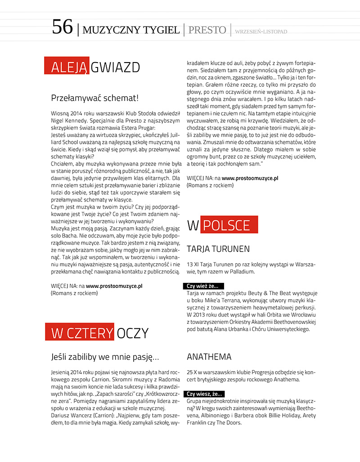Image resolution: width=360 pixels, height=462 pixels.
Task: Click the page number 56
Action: click(62, 27)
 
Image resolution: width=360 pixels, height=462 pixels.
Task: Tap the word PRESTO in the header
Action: click(207, 30)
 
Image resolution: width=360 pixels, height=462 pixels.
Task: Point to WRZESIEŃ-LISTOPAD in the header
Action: click(261, 31)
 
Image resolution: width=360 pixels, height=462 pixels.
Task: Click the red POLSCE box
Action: click(229, 225)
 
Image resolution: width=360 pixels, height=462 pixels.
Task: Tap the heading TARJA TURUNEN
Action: click(218, 249)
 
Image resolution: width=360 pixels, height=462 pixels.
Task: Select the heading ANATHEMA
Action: click(209, 357)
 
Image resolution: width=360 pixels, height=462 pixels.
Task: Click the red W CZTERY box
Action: click(80, 332)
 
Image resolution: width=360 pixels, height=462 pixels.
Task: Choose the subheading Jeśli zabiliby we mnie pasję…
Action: click(105, 357)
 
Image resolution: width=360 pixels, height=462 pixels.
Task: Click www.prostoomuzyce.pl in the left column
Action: click(114, 285)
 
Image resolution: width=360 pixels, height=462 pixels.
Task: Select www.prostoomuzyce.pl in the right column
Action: click(250, 179)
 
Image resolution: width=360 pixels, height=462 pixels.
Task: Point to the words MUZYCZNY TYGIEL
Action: click(131, 30)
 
